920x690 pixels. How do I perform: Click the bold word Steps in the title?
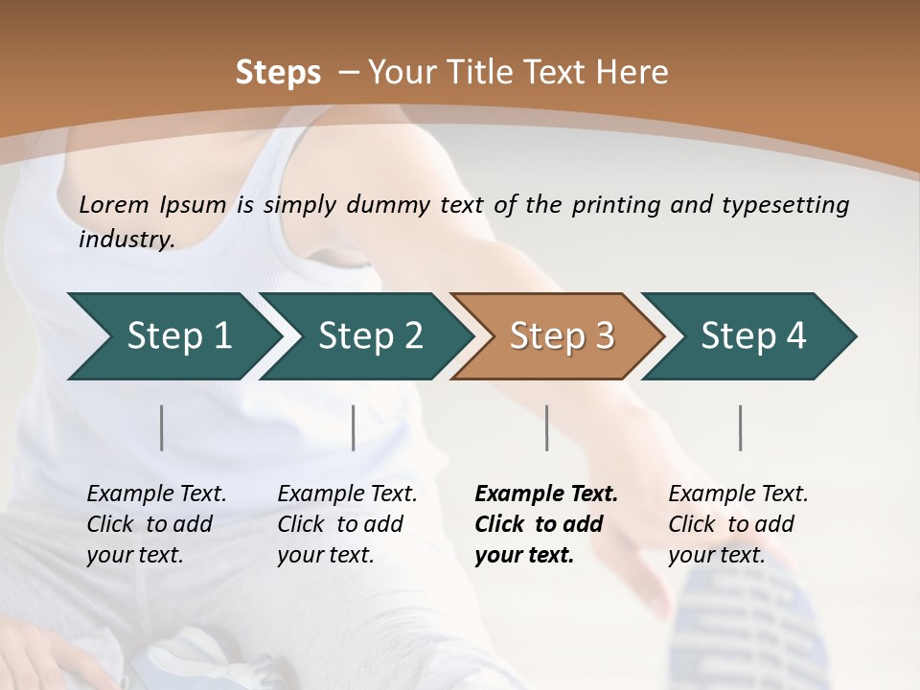click(x=278, y=73)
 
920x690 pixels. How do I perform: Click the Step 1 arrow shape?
click(x=172, y=335)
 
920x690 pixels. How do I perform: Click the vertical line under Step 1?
click(x=162, y=427)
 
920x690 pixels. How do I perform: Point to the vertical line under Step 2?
click(x=354, y=427)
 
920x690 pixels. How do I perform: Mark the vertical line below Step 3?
click(x=547, y=427)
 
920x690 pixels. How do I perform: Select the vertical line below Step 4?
click(x=741, y=427)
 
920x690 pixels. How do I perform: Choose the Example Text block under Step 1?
click(x=156, y=524)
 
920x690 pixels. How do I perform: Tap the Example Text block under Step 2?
click(x=347, y=524)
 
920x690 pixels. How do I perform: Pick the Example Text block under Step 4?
click(x=738, y=524)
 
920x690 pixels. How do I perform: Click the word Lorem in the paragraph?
click(x=114, y=204)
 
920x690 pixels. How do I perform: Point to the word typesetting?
click(x=787, y=204)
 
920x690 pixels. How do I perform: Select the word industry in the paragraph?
click(x=126, y=239)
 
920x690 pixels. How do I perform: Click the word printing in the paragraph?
click(x=612, y=204)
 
